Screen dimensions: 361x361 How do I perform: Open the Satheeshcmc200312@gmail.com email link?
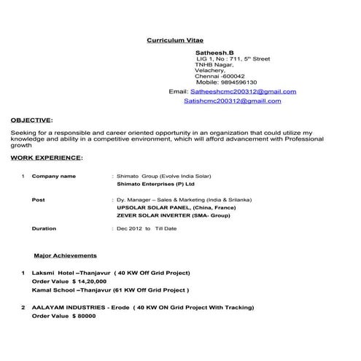coord(243,92)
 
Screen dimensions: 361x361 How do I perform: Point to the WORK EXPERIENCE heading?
coord(47,157)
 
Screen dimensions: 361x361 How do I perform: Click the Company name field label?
coord(54,176)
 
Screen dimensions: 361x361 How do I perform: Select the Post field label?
coord(39,199)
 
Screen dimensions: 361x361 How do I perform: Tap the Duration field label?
coord(44,228)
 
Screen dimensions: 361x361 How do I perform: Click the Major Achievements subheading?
coord(66,256)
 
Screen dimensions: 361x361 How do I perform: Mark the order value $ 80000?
coord(85,317)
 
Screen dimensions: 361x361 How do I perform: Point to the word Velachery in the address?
coord(209,70)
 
